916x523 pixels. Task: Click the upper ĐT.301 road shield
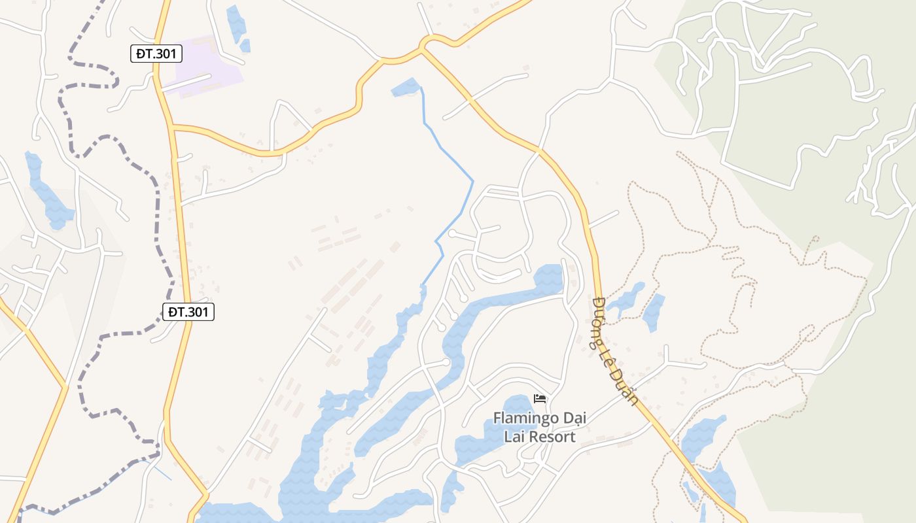pos(156,54)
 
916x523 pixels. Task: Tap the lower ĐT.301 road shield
pos(188,312)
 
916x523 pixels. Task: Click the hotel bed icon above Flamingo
pos(540,398)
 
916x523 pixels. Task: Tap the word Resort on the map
pos(550,437)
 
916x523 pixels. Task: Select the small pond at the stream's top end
pos(406,88)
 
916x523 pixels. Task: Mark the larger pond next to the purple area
pos(236,23)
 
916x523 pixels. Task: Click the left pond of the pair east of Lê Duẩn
pos(627,298)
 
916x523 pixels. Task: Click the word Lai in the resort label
pos(513,437)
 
